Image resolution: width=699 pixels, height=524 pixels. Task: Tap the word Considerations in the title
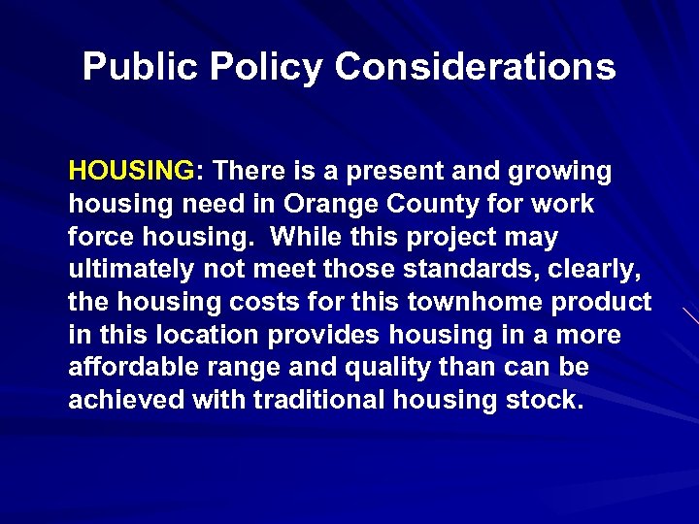(x=475, y=67)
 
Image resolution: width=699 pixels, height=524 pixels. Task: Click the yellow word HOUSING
(x=131, y=172)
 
